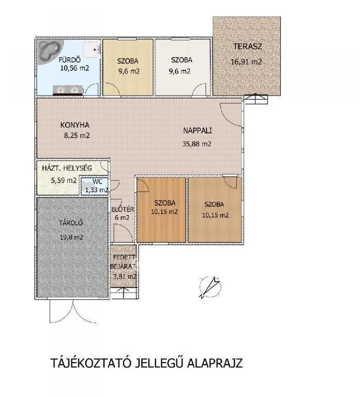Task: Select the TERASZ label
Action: pos(247,47)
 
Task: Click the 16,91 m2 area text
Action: pos(246,62)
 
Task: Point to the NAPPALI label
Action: pos(197,131)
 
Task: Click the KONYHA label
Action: pos(75,125)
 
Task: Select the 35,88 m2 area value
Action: pos(197,144)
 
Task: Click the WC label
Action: pos(97,181)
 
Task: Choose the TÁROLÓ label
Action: pos(71,223)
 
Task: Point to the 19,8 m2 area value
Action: pos(71,237)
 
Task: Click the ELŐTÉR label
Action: pos(123,209)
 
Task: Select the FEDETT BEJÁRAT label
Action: pos(124,262)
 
